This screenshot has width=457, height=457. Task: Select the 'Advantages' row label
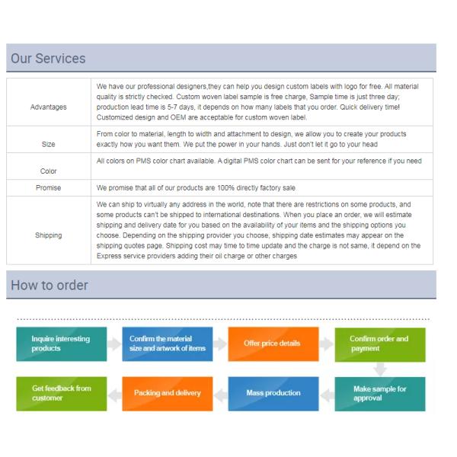(48, 107)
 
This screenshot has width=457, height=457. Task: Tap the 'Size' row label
(48, 142)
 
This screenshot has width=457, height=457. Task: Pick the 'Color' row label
(48, 171)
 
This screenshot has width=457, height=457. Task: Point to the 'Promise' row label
(48, 187)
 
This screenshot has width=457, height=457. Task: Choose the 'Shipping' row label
(48, 235)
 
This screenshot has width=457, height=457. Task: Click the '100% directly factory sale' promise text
(190, 187)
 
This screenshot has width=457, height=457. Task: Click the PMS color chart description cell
(259, 161)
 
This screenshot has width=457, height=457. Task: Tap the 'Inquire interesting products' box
(59, 344)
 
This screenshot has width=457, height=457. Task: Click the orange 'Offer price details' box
(271, 344)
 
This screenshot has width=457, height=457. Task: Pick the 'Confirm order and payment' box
(379, 344)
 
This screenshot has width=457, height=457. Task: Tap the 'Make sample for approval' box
(379, 393)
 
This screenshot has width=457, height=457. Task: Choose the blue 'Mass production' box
(271, 393)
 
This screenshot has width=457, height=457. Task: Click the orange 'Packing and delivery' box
(167, 393)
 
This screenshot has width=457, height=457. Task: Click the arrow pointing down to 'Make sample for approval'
(379, 369)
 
